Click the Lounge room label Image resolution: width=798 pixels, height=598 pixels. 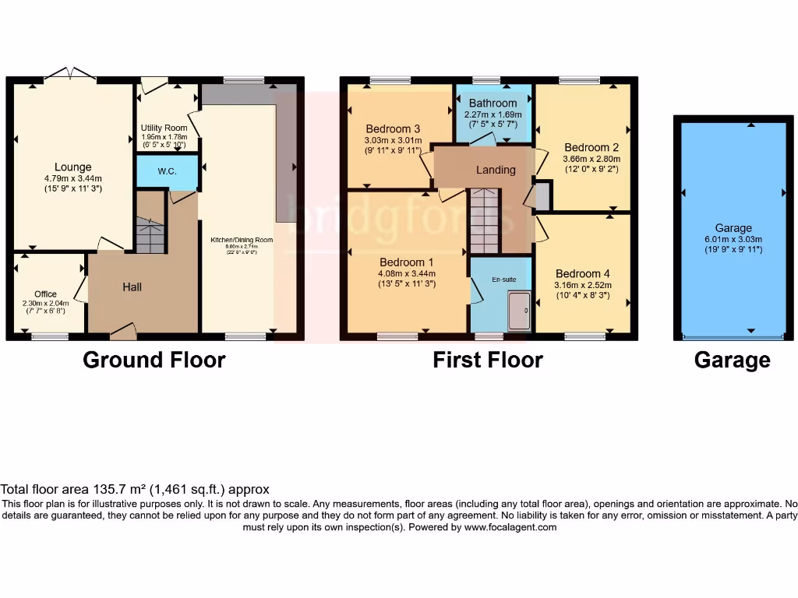click(72, 167)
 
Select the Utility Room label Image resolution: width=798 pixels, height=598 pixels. click(164, 128)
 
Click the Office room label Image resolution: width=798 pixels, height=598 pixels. click(45, 294)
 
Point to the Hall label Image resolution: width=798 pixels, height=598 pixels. click(132, 287)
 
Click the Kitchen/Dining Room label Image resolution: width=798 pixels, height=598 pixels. click(242, 240)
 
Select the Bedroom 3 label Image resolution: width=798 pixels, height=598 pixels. click(394, 128)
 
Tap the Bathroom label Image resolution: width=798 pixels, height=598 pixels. click(493, 103)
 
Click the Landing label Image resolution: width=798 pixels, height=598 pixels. click(496, 170)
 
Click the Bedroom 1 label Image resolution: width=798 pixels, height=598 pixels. click(406, 262)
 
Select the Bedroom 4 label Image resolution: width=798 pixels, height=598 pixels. click(583, 273)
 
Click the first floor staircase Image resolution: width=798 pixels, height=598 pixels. click(484, 221)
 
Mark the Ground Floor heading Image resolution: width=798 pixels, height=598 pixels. click(154, 360)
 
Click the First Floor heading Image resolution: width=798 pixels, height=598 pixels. click(488, 360)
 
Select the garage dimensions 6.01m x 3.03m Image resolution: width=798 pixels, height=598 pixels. click(733, 239)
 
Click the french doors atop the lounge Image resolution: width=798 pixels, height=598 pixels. click(70, 74)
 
